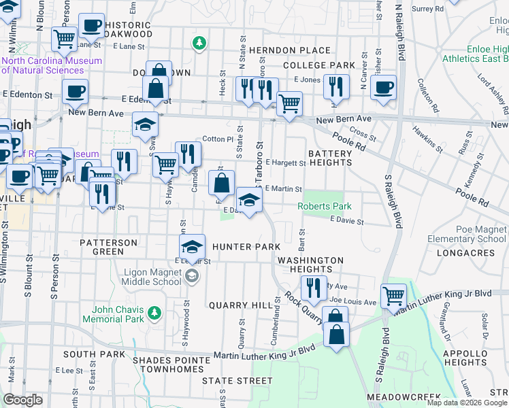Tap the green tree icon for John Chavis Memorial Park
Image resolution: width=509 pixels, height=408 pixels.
(x=154, y=312)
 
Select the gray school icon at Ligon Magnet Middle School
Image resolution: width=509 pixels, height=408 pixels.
(x=193, y=275)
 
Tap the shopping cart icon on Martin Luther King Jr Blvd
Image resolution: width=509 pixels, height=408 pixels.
(x=394, y=295)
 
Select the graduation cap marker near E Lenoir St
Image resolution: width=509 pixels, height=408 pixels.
(x=193, y=246)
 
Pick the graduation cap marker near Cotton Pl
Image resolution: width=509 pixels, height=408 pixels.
(x=145, y=124)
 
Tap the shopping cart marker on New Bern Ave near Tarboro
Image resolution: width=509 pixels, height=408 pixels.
(x=289, y=104)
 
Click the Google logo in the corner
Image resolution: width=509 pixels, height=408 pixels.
(x=22, y=400)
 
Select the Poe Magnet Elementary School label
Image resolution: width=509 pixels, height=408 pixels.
(x=467, y=234)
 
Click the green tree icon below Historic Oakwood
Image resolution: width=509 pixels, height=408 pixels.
(x=199, y=44)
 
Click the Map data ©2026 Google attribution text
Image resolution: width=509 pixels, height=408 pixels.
(x=467, y=402)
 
